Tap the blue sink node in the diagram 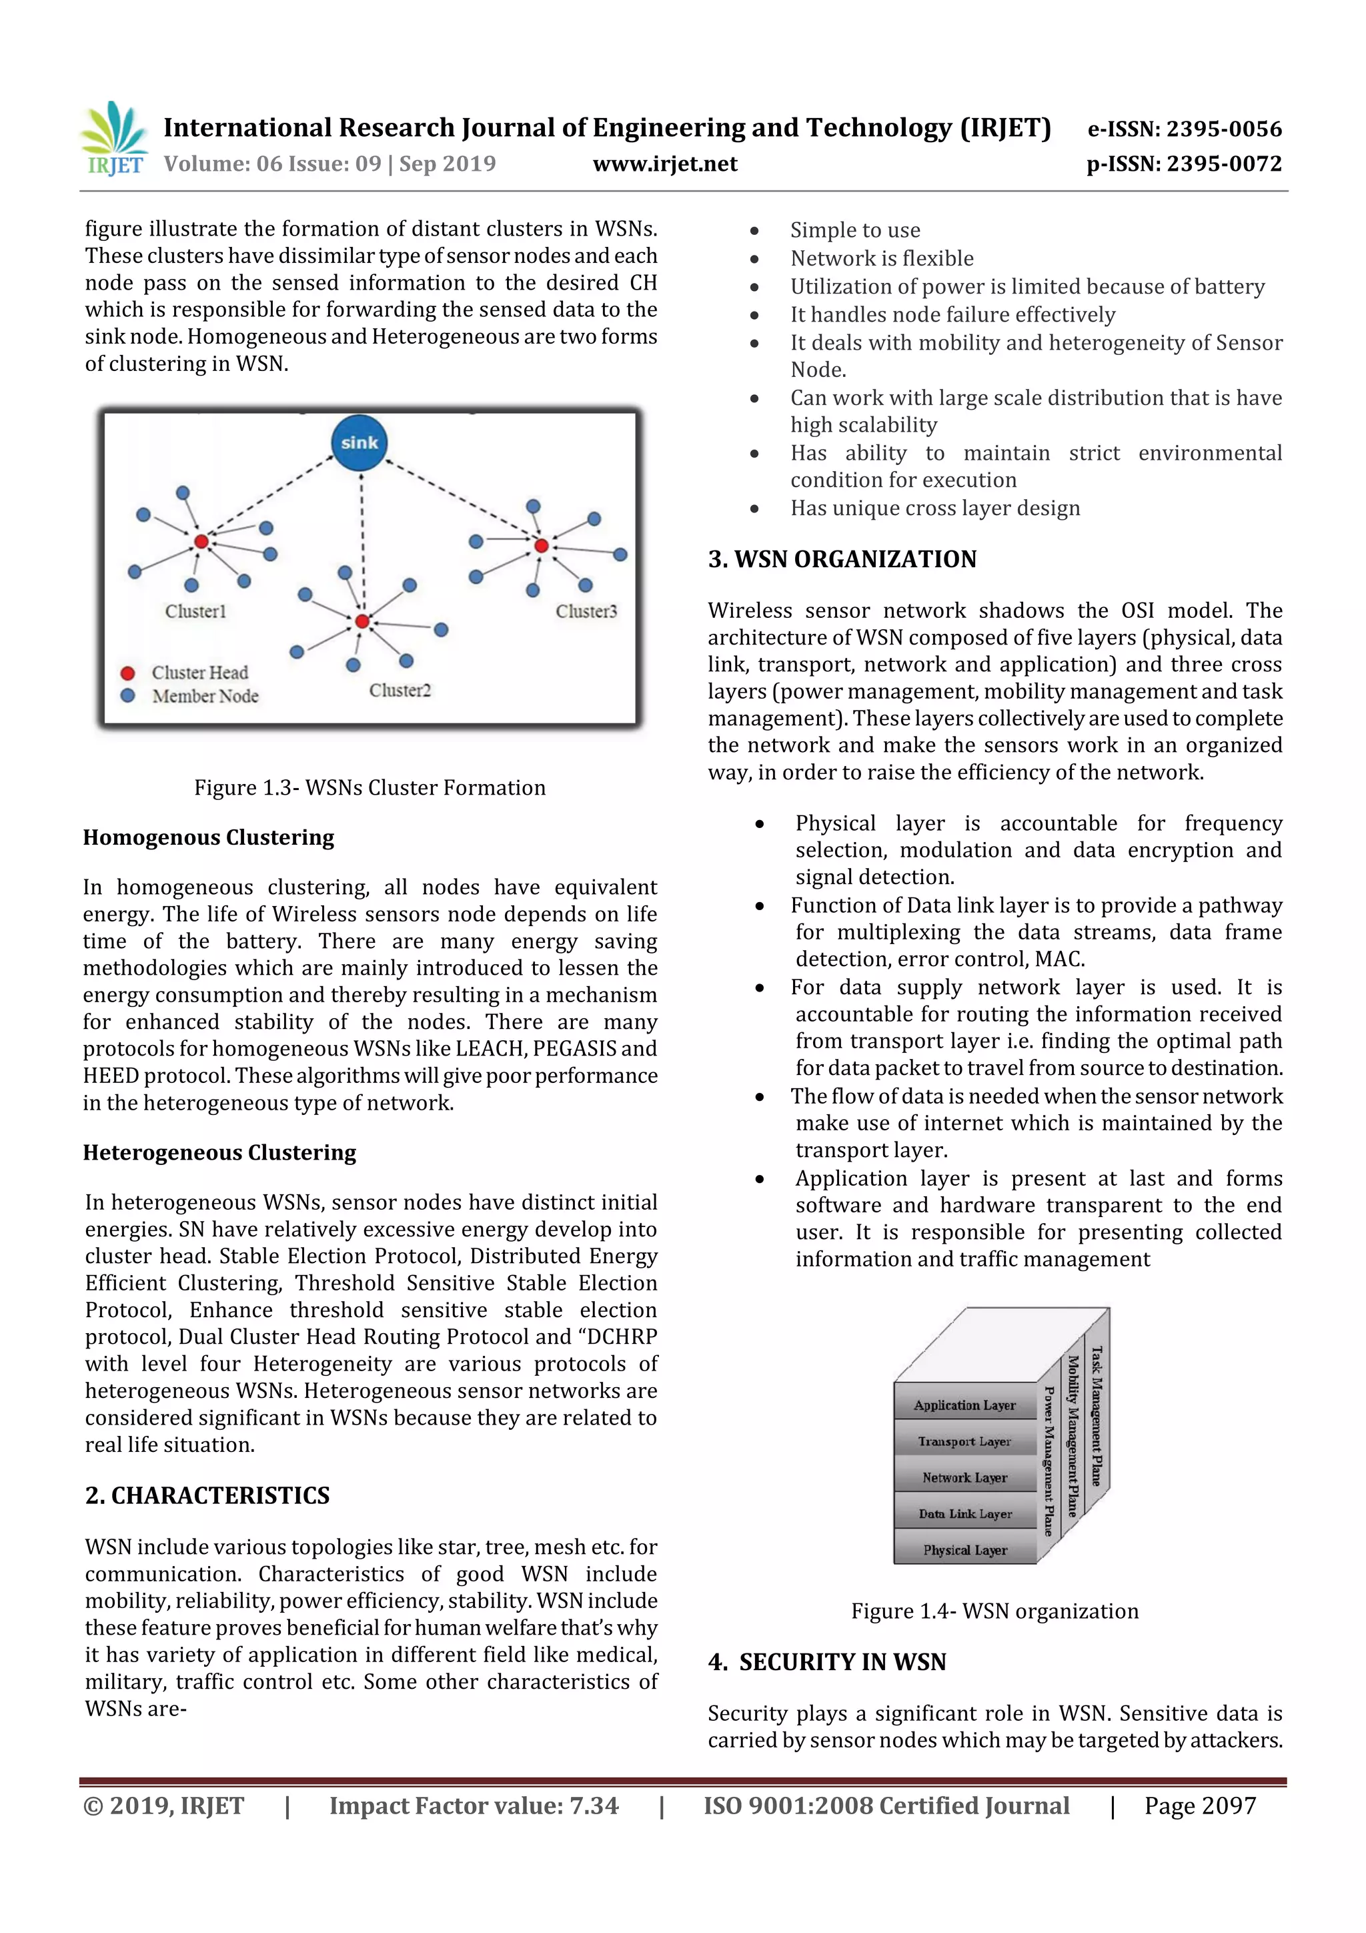[x=360, y=442]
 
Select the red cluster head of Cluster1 [x=201, y=541]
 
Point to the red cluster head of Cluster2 [x=362, y=621]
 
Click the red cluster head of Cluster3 [x=541, y=546]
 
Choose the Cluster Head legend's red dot [x=128, y=673]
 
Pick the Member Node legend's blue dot [x=128, y=696]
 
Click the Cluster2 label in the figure [x=400, y=691]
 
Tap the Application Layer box [x=964, y=1405]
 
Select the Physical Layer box [x=964, y=1550]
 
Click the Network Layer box [x=964, y=1477]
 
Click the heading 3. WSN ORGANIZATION [x=842, y=559]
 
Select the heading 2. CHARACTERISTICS [x=207, y=1495]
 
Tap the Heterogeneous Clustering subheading [x=219, y=1152]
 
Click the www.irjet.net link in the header [x=665, y=163]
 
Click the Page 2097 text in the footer [x=1199, y=1806]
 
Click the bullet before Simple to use [x=755, y=231]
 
